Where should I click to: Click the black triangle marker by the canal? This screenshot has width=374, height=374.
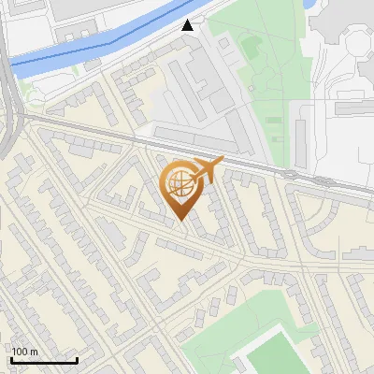pos(189,25)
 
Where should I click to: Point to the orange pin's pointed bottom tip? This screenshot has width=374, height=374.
pos(180,222)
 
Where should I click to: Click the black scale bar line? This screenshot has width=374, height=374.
pos(44,361)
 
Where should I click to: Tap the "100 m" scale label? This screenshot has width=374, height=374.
pos(24,352)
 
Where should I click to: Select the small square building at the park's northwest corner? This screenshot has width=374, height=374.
pos(223,42)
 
